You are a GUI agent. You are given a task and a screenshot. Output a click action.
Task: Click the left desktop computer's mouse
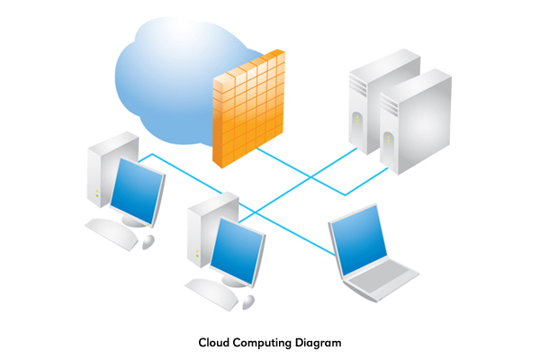pos(148,241)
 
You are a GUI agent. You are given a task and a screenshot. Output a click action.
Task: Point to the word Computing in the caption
pos(260,342)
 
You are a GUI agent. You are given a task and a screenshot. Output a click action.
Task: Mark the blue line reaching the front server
pos(360,184)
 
